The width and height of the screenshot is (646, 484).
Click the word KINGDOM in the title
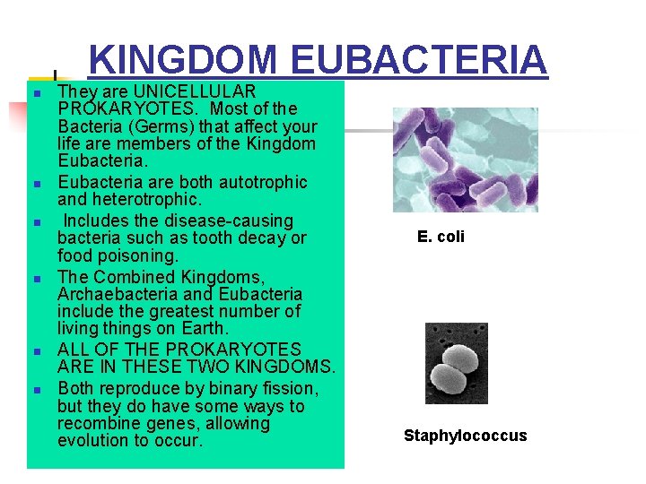183,60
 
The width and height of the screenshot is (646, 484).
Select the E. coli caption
441,238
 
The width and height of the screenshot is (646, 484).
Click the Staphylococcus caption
465,436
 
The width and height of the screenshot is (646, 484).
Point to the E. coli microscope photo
465,160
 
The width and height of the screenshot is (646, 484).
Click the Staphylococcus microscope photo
456,363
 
